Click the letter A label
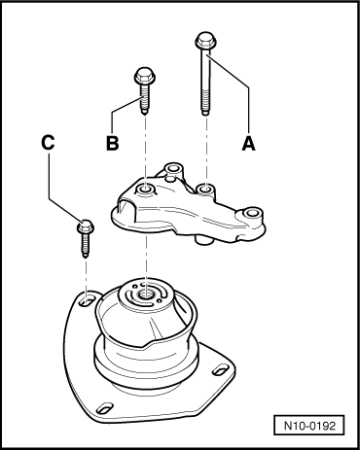[x=248, y=142]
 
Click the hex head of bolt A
[x=204, y=41]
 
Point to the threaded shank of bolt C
[x=84, y=245]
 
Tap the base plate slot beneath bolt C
[x=86, y=302]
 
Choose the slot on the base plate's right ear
[x=223, y=368]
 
